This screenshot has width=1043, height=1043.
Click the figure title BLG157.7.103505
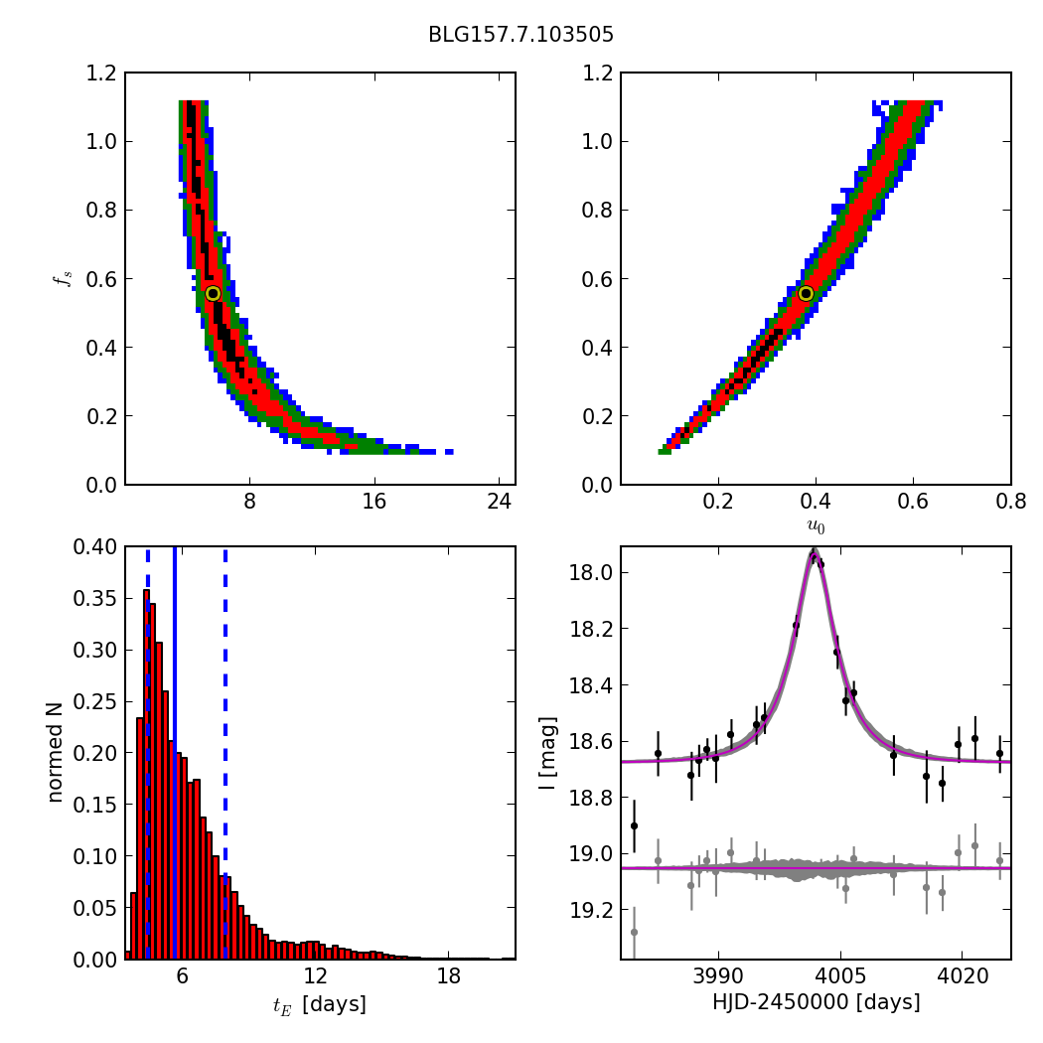pyautogui.click(x=521, y=34)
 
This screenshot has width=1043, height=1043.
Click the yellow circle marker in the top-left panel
pyautogui.click(x=213, y=293)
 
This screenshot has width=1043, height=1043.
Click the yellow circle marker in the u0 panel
pyautogui.click(x=807, y=293)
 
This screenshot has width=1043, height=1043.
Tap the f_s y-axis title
pyautogui.click(x=64, y=278)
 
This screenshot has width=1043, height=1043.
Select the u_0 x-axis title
pyautogui.click(x=817, y=526)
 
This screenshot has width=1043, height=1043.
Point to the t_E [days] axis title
pyautogui.click(x=319, y=1004)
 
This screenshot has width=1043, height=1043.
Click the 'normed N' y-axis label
pyautogui.click(x=55, y=752)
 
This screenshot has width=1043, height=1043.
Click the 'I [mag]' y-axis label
pyautogui.click(x=547, y=753)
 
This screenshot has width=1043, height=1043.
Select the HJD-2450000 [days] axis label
pyautogui.click(x=817, y=1001)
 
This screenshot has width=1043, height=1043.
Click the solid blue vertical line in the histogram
pyautogui.click(x=174, y=752)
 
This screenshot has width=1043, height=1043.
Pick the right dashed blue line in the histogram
pyautogui.click(x=225, y=752)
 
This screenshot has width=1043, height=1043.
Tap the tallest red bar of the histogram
pyautogui.click(x=146, y=774)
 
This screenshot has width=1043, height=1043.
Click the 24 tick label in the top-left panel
pyautogui.click(x=499, y=502)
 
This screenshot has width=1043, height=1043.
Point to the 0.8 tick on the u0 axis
pyautogui.click(x=1011, y=502)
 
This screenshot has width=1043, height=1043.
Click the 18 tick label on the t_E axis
pyautogui.click(x=449, y=975)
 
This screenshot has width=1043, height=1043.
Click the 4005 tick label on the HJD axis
pyautogui.click(x=840, y=975)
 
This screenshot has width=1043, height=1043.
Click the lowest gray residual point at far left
pyautogui.click(x=634, y=932)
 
